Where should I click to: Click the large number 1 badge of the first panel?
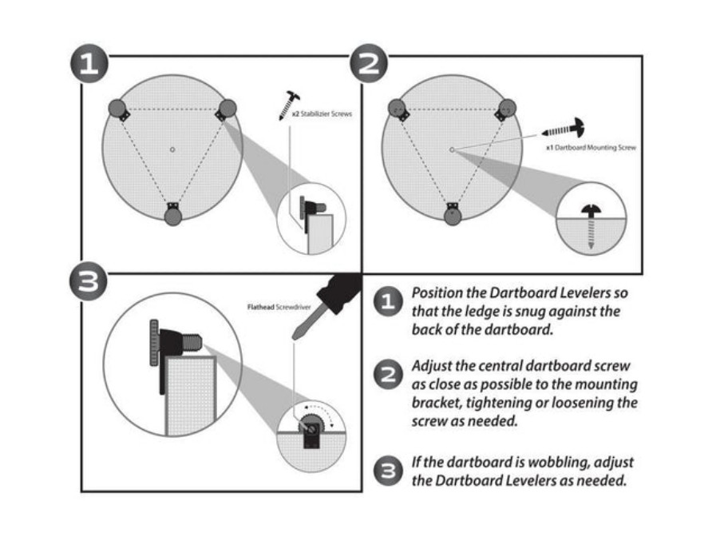point(89,64)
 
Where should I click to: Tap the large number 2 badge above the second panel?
point(368,64)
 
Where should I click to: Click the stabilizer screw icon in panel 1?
point(289,105)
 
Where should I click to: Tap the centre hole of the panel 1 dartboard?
point(172,149)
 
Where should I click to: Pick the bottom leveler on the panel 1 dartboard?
point(172,213)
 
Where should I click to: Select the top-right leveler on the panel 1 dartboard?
point(227,109)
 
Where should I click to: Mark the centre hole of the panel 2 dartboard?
point(452,149)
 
